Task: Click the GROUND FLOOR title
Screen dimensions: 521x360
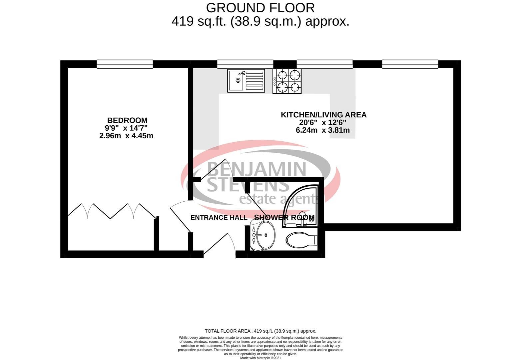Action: pyautogui.click(x=260, y=8)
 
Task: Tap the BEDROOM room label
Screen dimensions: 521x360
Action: pyautogui.click(x=127, y=120)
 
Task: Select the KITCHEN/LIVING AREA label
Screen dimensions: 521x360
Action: pyautogui.click(x=323, y=115)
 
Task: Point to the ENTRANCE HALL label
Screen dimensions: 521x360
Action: pyautogui.click(x=219, y=217)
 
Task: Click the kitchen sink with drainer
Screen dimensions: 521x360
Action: pyautogui.click(x=246, y=81)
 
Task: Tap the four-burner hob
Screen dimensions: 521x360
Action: pyautogui.click(x=287, y=81)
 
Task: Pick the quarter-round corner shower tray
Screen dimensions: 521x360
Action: pyautogui.click(x=300, y=206)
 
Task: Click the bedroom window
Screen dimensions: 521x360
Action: pyautogui.click(x=125, y=64)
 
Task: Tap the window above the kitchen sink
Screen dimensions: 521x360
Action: pyautogui.click(x=245, y=64)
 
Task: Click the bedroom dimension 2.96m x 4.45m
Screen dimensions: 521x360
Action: pyautogui.click(x=126, y=136)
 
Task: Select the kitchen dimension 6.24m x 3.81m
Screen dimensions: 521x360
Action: pyautogui.click(x=322, y=130)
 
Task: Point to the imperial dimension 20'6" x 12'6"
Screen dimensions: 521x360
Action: pyautogui.click(x=322, y=122)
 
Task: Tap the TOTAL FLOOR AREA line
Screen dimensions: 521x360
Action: pyautogui.click(x=260, y=331)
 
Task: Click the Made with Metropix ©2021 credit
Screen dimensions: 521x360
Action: pyautogui.click(x=260, y=358)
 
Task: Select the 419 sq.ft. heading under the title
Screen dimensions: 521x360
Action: pyautogui.click(x=260, y=22)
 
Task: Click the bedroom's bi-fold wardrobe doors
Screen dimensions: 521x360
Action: pyautogui.click(x=112, y=211)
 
